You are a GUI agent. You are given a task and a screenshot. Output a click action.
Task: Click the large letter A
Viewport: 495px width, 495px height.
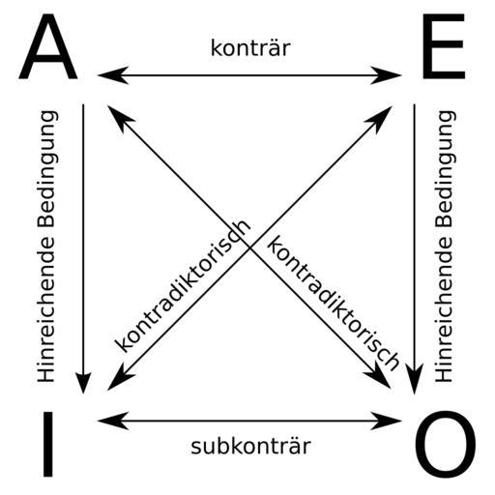48,46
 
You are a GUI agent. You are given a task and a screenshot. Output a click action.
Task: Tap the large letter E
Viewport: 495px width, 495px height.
444,46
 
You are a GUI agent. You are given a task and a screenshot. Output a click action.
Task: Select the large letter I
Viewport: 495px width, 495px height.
48,444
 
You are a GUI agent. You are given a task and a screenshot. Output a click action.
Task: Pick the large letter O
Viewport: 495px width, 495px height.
445,444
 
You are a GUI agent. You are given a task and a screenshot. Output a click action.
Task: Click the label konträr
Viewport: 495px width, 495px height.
250,48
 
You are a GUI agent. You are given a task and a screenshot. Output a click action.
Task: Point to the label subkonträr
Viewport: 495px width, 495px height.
250,446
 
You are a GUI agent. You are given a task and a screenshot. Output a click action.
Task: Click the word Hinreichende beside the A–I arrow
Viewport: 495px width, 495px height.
45,309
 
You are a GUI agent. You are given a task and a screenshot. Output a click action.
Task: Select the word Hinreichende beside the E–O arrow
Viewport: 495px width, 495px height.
444,309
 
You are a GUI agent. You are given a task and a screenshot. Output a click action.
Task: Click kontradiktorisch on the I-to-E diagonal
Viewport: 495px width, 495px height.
183,286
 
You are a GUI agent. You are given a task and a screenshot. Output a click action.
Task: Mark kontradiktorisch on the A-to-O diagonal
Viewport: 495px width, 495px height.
333,303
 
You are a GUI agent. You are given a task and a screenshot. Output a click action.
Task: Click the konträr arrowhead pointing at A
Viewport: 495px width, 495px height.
113,75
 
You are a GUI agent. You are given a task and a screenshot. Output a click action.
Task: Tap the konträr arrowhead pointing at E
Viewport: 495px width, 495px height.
386,75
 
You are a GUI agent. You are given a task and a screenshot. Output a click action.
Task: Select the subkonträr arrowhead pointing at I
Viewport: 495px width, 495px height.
113,421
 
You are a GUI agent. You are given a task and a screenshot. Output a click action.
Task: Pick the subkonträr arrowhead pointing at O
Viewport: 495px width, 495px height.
386,421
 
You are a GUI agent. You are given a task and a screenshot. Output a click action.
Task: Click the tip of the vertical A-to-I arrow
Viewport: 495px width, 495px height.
83,393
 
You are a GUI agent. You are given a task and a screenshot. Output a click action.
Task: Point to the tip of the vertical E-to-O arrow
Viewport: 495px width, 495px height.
415,393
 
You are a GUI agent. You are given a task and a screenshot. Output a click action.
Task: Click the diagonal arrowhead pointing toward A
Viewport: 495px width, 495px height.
118,116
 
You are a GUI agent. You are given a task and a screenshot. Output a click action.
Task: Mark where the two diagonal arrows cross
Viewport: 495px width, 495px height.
249,247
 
